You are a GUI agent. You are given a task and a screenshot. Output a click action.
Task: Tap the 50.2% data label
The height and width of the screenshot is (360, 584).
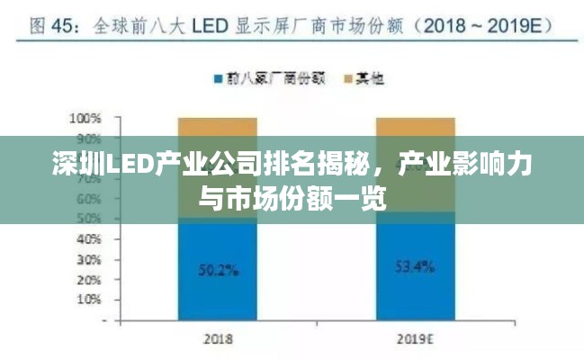(x=218, y=268)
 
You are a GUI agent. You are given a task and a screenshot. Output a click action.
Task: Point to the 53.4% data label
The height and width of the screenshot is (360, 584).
(x=415, y=266)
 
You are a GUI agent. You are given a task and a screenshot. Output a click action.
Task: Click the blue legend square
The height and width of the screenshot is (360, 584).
(x=217, y=79)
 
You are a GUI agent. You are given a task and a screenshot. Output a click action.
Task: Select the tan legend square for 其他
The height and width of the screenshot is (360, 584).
(x=347, y=79)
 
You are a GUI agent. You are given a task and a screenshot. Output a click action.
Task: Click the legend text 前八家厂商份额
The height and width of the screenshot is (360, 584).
(x=265, y=79)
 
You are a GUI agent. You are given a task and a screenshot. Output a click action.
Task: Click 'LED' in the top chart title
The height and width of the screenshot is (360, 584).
(x=206, y=27)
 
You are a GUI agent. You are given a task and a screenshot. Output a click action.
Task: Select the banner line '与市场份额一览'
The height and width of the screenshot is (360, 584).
(x=292, y=195)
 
